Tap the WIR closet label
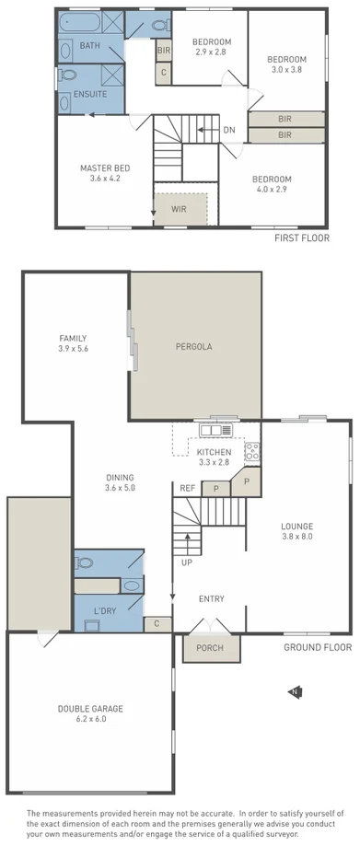[x=179, y=209]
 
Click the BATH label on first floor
[x=90, y=45]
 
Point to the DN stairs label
[x=228, y=130]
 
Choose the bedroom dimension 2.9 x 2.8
[x=211, y=52]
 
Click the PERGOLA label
[x=194, y=347]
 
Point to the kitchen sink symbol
[x=216, y=429]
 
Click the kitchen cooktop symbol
[x=251, y=451]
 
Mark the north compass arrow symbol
[x=294, y=691]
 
